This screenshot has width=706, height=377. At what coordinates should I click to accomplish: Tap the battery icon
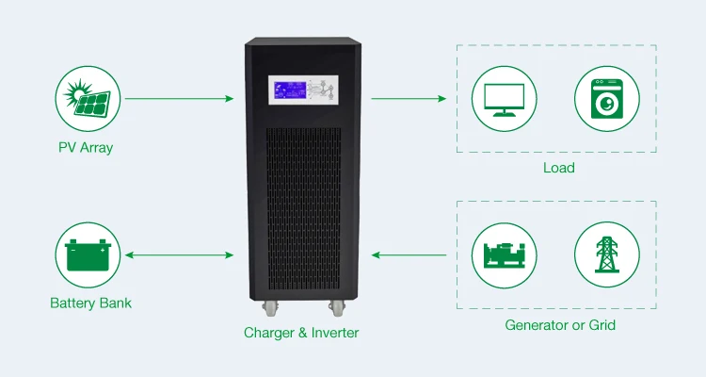(x=90, y=254)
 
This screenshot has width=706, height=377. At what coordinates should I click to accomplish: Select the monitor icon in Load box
(x=505, y=98)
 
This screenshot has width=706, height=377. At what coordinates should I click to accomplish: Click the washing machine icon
(x=608, y=98)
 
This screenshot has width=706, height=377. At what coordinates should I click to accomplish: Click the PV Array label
(x=85, y=148)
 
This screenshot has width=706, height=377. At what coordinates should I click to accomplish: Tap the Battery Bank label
(x=90, y=303)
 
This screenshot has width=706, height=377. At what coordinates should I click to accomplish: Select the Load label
(x=558, y=169)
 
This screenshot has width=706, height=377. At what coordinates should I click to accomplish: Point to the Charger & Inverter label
(x=301, y=333)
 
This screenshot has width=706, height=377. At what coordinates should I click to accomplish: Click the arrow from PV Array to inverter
(x=179, y=97)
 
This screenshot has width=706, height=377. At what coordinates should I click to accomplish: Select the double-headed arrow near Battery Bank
(x=179, y=254)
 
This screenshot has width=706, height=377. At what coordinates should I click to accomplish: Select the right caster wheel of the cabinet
(x=336, y=307)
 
